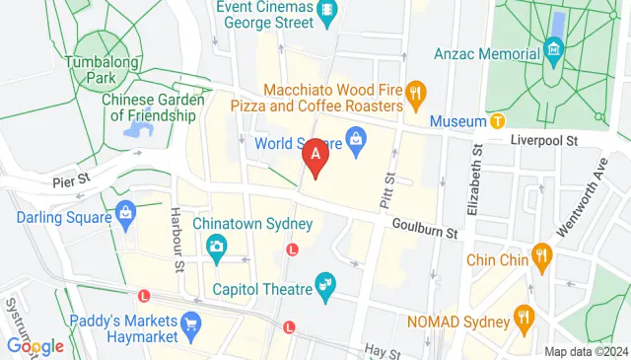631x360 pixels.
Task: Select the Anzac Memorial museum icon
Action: tap(554, 47)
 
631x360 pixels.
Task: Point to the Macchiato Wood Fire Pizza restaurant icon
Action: tap(417, 96)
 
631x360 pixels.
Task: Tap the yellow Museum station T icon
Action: tap(498, 121)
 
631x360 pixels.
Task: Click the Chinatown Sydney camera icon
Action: tap(216, 247)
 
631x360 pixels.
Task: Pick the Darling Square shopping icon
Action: tap(125, 211)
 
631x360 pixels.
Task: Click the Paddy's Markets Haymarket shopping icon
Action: tap(191, 322)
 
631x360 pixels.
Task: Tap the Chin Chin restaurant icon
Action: tap(540, 259)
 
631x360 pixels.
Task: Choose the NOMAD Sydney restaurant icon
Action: tap(523, 319)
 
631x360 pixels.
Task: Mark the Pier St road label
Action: tap(71, 180)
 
